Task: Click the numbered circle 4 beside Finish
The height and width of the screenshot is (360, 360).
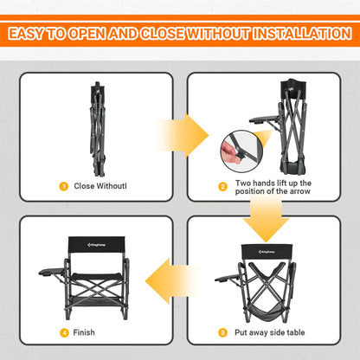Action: coord(62,332)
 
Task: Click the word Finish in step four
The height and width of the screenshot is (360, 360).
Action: coord(85,332)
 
